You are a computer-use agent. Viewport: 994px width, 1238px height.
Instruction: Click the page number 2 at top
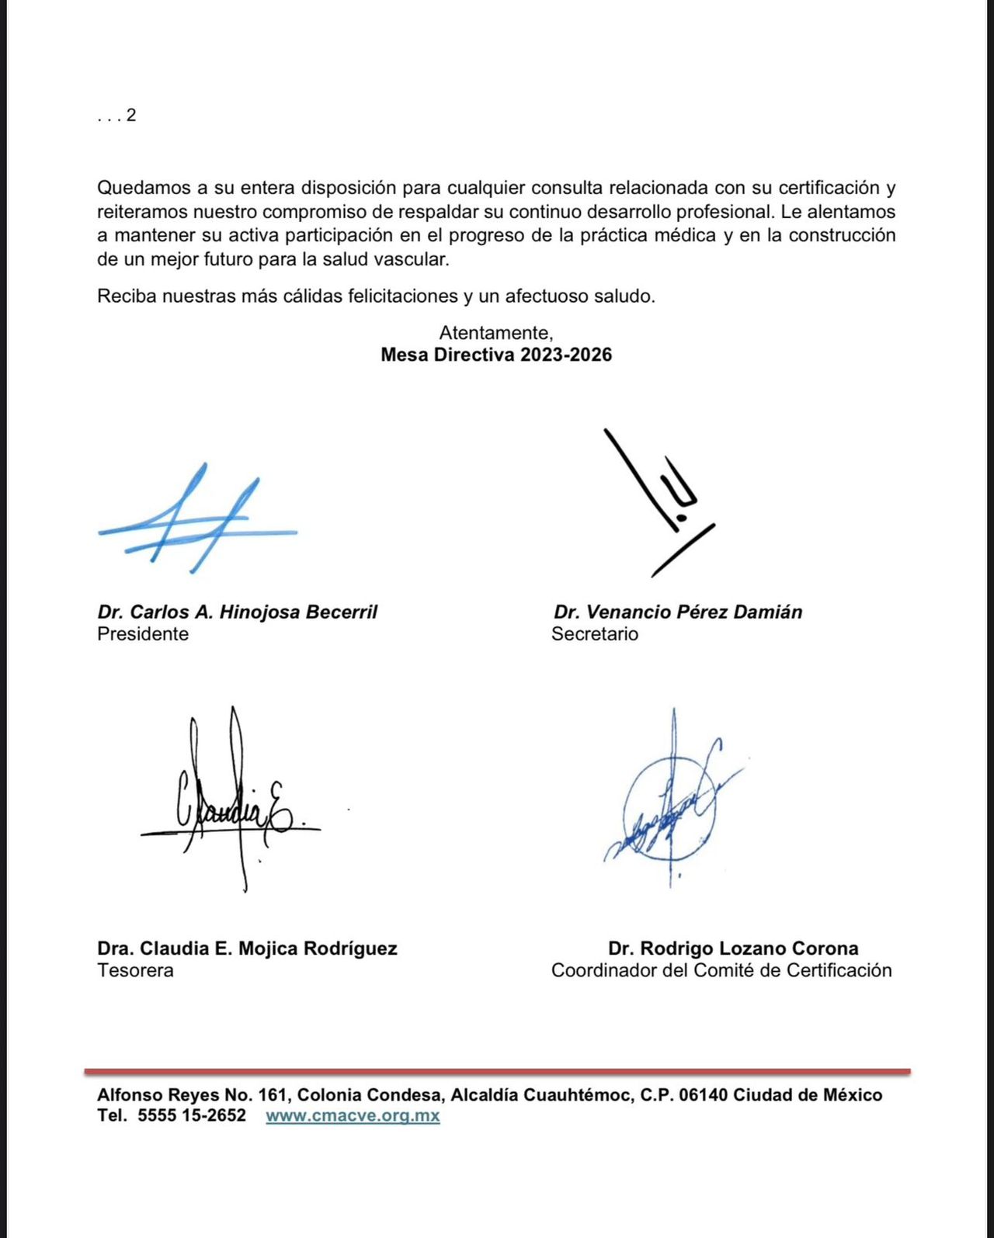pyautogui.click(x=131, y=115)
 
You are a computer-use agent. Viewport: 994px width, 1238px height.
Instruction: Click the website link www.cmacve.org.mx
pyautogui.click(x=353, y=1115)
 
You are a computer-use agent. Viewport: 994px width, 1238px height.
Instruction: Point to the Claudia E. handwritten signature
pyautogui.click(x=233, y=807)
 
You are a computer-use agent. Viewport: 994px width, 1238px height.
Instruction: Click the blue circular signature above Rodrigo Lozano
pyautogui.click(x=669, y=807)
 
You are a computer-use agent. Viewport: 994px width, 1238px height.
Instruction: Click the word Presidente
pyautogui.click(x=143, y=634)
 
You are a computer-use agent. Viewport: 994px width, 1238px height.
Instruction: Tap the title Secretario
pyautogui.click(x=595, y=634)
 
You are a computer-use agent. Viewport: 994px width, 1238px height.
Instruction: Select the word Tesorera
pyautogui.click(x=135, y=970)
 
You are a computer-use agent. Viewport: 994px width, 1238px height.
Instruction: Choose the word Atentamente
pyautogui.click(x=495, y=333)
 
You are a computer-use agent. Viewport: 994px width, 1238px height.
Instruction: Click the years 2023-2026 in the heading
pyautogui.click(x=566, y=355)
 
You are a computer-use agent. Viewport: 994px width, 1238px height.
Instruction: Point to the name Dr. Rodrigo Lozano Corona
pyautogui.click(x=733, y=948)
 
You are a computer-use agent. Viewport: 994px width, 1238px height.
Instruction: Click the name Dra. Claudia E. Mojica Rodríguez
pyautogui.click(x=247, y=948)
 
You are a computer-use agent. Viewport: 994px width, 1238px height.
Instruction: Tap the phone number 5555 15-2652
pyautogui.click(x=192, y=1115)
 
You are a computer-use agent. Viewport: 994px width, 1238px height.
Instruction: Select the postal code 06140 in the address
pyautogui.click(x=703, y=1095)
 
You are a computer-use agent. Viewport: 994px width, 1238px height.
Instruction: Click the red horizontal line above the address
pyautogui.click(x=497, y=1072)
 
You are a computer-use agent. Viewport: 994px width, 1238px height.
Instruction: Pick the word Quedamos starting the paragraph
pyautogui.click(x=142, y=188)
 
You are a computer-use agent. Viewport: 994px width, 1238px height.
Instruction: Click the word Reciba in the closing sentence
pyautogui.click(x=126, y=296)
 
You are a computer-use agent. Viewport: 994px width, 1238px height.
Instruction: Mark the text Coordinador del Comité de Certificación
pyautogui.click(x=721, y=970)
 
